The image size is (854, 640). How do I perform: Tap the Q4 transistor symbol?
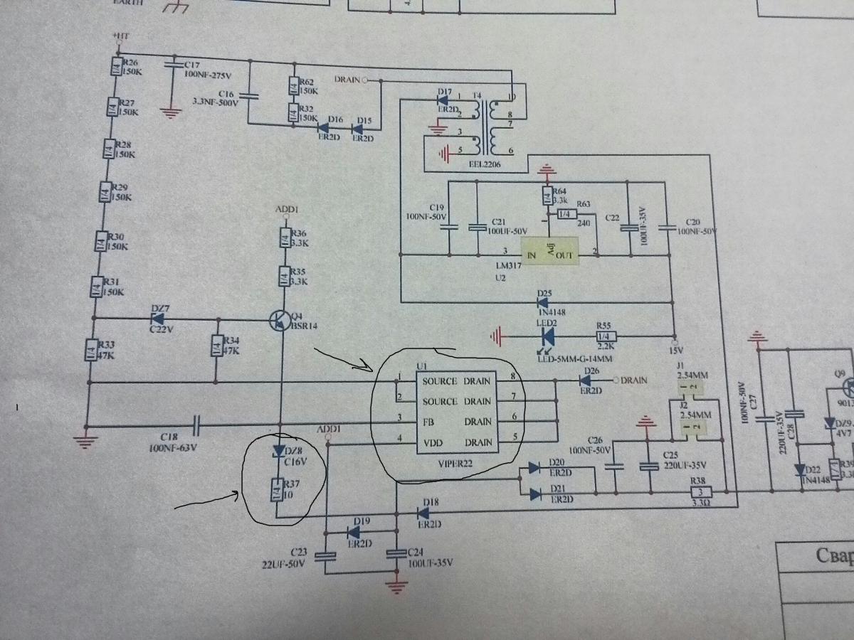pos(279,321)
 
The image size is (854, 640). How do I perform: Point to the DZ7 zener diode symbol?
pos(158,317)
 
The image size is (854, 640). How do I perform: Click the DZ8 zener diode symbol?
pos(278,452)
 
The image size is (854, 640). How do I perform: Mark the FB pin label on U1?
pos(430,421)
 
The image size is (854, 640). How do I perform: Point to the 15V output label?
pos(675,351)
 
